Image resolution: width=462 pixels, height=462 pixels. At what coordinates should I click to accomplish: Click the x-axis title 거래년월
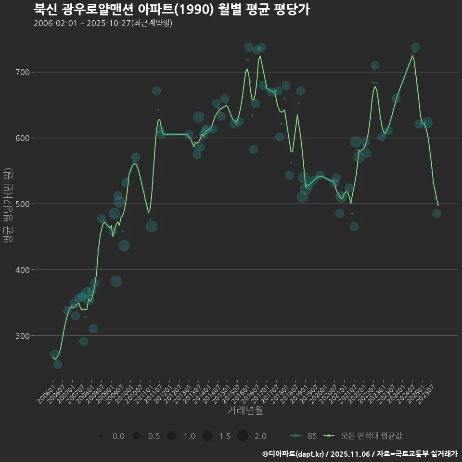[x=245, y=411]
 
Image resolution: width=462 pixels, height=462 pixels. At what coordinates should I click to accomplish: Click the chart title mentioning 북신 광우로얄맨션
[x=171, y=10]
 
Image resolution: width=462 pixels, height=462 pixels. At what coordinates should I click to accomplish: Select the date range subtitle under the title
[x=103, y=24]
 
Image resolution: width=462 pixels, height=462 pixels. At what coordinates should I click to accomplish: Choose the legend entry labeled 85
[x=304, y=436]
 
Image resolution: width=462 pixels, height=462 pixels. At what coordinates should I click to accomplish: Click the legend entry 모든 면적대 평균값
[x=364, y=436]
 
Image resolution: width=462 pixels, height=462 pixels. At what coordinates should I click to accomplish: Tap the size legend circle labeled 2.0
[x=243, y=436]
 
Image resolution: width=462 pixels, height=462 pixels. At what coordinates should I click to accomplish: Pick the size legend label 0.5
[x=154, y=436]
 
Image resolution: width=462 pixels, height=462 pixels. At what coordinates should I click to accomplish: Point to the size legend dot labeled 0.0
[x=101, y=436]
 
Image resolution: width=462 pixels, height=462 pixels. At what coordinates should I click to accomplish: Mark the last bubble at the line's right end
[x=436, y=213]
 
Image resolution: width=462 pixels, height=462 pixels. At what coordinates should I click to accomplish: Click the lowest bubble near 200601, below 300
[x=57, y=364]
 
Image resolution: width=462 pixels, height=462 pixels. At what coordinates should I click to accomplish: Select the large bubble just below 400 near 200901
[x=116, y=281]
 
